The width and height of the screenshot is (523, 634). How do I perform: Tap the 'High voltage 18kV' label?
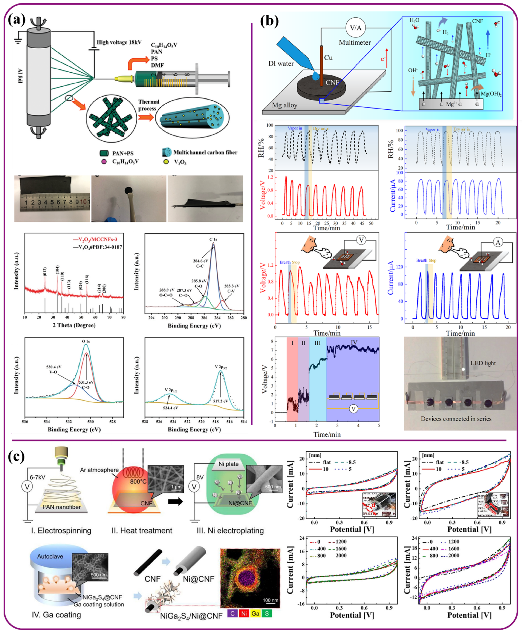pyautogui.click(x=119, y=42)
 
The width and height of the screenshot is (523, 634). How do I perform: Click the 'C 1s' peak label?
pyautogui.click(x=213, y=239)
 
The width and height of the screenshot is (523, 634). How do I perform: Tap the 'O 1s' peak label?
pyautogui.click(x=86, y=341)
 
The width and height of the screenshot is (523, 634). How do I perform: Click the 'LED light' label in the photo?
pyautogui.click(x=483, y=363)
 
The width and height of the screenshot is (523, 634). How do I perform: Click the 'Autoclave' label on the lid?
pyautogui.click(x=50, y=556)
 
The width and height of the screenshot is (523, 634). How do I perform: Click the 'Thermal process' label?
pyautogui.click(x=148, y=105)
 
